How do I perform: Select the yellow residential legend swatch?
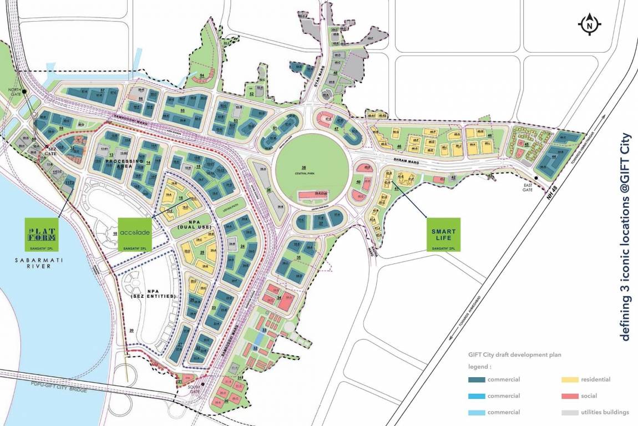[569, 380]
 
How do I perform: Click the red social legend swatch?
[569, 396]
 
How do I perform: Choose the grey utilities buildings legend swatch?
[569, 412]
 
